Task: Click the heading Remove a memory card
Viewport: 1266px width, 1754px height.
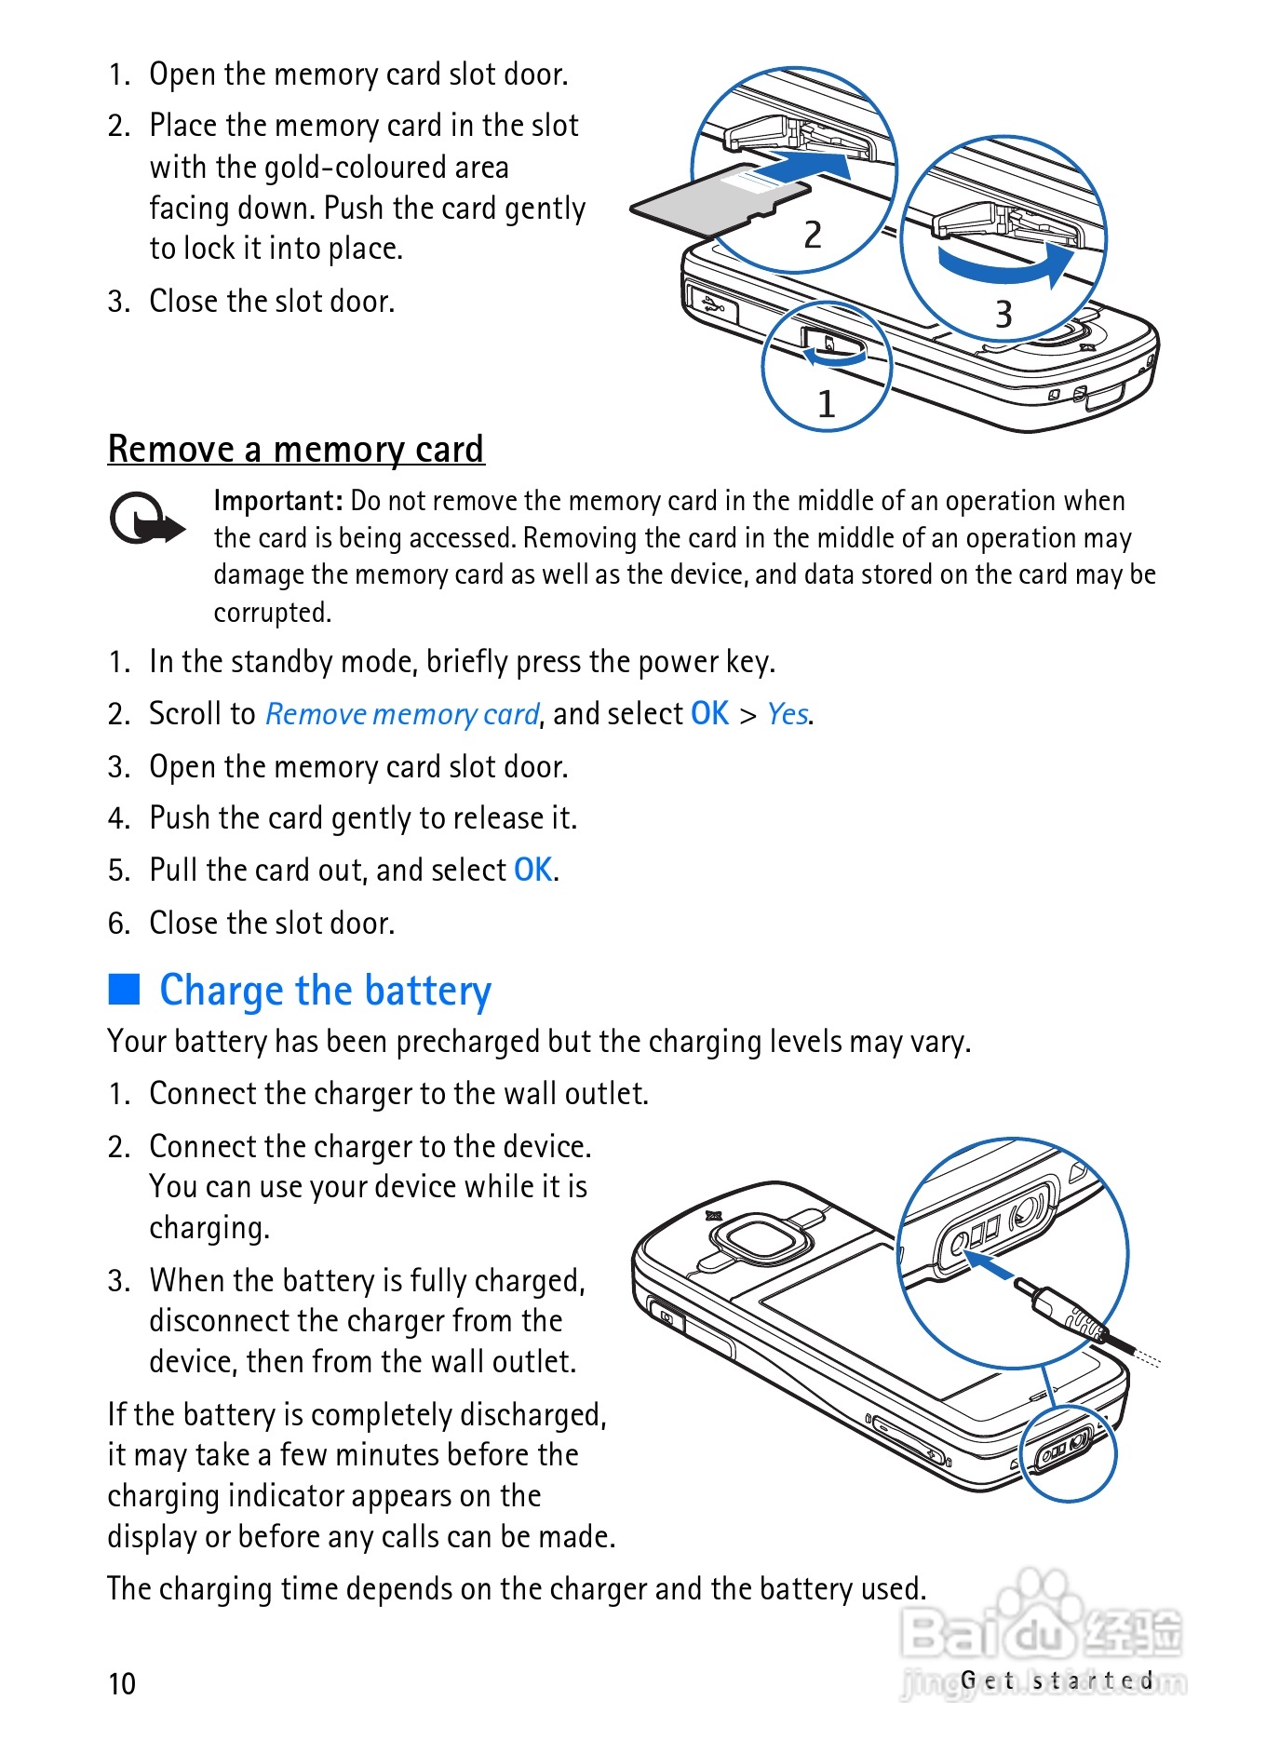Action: coord(295,449)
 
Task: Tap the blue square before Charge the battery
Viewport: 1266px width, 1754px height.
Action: coord(124,989)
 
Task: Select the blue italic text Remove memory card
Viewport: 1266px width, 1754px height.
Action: coord(402,714)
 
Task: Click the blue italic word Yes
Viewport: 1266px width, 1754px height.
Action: coord(788,714)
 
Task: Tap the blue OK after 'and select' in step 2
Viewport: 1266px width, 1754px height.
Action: coord(709,713)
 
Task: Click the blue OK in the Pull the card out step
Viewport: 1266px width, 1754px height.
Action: coord(533,870)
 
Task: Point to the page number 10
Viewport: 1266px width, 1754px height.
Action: coord(122,1683)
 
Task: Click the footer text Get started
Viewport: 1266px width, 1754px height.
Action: coord(1057,1680)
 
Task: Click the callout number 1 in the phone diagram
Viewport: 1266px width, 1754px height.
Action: coord(826,404)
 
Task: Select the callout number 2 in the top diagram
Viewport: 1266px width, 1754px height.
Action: coord(813,235)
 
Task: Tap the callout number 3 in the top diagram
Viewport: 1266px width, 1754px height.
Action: coord(1003,314)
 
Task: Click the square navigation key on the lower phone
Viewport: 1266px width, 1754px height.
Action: coord(757,1240)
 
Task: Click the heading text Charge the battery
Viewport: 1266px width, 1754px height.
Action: coord(325,990)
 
